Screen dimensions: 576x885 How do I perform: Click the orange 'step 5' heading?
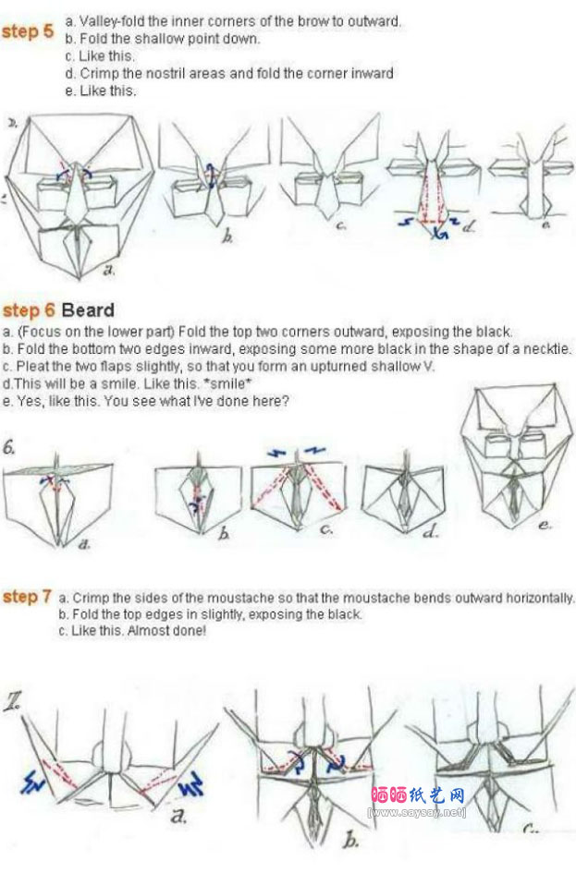27,31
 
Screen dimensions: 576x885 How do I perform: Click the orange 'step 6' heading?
29,309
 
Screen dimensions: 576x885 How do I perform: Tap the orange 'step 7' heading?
27,597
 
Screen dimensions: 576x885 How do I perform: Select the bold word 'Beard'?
88,309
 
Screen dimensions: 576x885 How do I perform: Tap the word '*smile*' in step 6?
227,383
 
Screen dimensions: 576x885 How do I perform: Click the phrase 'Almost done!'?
166,630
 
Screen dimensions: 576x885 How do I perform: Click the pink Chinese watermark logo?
418,795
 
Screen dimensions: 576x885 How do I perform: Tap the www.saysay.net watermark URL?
417,812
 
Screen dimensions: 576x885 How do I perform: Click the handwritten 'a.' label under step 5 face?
109,271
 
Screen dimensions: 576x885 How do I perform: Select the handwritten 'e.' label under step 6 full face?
544,525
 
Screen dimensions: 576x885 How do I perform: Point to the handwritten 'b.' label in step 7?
350,841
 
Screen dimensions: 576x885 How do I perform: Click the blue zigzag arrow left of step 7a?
33,781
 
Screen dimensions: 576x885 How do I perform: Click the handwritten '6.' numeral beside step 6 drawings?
9,448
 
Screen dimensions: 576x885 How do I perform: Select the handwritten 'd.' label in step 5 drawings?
468,226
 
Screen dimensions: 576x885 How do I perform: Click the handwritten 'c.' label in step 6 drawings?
325,528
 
